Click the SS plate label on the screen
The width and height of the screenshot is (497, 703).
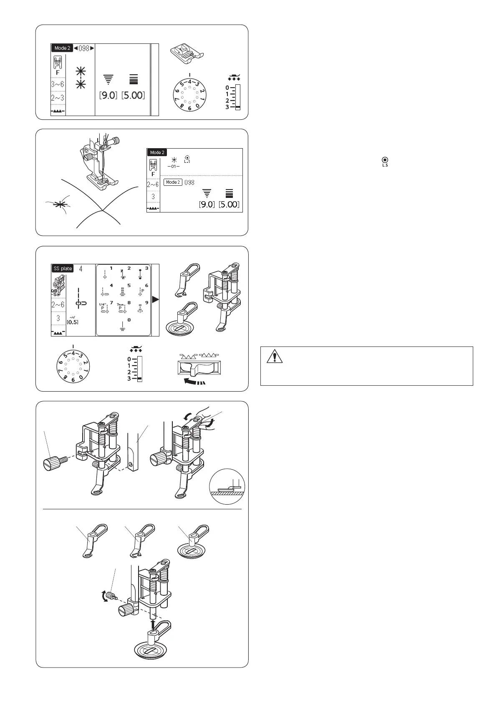[63, 268]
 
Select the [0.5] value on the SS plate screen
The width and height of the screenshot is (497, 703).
[73, 322]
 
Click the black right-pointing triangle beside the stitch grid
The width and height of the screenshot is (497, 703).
[155, 300]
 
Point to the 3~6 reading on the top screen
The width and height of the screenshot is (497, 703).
[58, 84]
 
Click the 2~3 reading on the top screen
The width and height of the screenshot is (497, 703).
[58, 98]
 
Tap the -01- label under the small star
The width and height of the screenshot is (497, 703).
[173, 167]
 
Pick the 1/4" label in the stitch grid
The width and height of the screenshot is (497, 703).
[102, 304]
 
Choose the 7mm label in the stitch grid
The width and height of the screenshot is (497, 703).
[121, 304]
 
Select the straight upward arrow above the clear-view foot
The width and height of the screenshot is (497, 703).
[155, 624]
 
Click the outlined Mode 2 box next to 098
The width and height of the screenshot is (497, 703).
[173, 182]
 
